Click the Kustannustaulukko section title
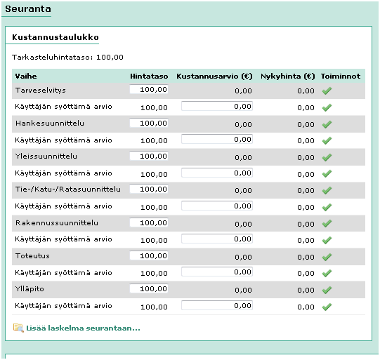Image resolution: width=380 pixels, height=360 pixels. (x=55, y=36)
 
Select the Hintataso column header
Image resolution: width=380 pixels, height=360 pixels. (x=148, y=75)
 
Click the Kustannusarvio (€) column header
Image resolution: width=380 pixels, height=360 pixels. (x=214, y=75)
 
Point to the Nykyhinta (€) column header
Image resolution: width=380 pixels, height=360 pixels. (x=287, y=75)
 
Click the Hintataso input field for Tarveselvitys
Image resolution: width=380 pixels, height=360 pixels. (x=149, y=90)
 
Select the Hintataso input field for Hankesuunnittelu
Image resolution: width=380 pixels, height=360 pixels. (x=149, y=123)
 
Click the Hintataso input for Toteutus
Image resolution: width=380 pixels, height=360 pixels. (x=149, y=255)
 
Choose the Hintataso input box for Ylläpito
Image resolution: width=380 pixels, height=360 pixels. (x=149, y=288)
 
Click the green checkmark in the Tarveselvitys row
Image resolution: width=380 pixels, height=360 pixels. (x=327, y=91)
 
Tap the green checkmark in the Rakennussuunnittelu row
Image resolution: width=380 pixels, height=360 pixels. (x=327, y=223)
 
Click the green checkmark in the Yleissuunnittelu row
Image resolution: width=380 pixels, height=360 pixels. (x=327, y=156)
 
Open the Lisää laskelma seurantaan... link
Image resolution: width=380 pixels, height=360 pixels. (x=83, y=328)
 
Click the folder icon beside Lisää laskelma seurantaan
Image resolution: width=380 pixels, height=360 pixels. (x=18, y=328)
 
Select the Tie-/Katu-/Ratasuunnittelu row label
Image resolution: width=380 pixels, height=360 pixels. (x=68, y=189)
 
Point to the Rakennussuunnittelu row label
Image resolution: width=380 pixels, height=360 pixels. (x=55, y=223)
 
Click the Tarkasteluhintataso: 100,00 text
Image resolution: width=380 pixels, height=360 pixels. (x=68, y=57)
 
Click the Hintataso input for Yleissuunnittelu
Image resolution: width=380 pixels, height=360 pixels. (x=149, y=156)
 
